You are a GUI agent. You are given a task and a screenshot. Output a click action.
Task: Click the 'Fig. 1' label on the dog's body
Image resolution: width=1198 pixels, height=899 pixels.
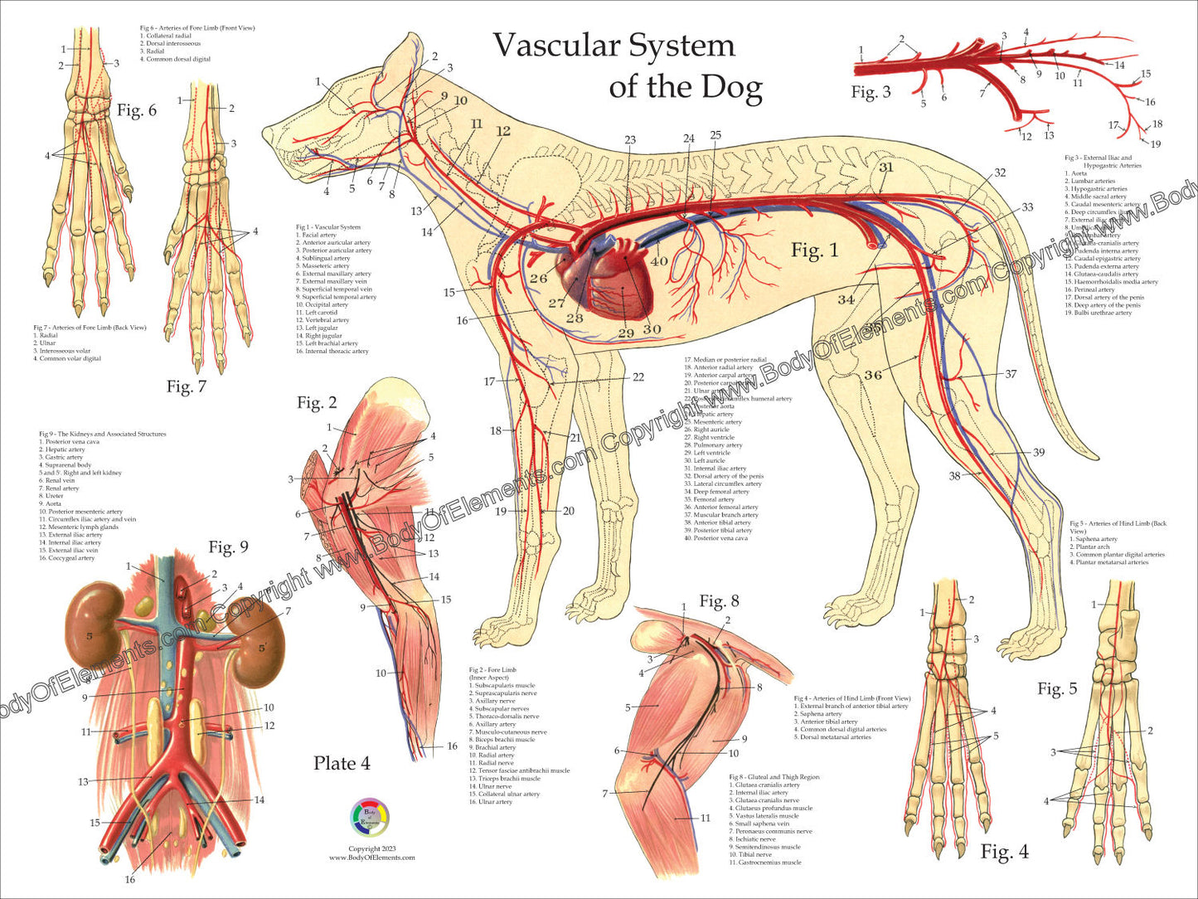[814, 250]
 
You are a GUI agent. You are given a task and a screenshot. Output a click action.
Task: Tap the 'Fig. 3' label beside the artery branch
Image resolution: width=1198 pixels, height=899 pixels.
[871, 92]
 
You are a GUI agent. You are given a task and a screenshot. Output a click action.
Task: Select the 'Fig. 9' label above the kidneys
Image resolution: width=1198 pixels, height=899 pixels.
[228, 547]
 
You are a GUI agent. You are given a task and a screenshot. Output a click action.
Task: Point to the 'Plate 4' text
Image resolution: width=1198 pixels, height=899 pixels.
[342, 763]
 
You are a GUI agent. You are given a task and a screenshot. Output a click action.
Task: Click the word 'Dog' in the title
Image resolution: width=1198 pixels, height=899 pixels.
[730, 86]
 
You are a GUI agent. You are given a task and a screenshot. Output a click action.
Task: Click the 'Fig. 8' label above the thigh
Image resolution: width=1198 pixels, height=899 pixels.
[719, 600]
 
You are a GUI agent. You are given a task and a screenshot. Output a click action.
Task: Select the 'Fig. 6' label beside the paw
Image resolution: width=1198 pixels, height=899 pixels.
[137, 110]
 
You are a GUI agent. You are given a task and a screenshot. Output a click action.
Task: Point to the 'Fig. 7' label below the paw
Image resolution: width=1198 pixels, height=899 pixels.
[186, 386]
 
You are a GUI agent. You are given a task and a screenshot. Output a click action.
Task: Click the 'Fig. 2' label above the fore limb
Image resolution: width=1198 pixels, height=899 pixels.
[318, 403]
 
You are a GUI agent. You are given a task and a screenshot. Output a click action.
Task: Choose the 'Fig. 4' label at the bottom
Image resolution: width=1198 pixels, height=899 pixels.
[1004, 852]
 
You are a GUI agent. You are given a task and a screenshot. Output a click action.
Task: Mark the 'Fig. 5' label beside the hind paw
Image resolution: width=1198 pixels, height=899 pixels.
[1057, 688]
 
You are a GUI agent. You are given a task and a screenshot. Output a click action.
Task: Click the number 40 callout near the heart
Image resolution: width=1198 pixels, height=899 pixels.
[658, 261]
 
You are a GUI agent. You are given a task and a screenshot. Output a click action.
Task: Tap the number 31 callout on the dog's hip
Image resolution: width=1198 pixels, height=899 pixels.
[886, 167]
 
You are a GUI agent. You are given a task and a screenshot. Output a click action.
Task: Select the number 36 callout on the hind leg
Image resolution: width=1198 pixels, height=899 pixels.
[872, 374]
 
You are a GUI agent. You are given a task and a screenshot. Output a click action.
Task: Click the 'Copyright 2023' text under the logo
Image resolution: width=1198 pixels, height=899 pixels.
[371, 848]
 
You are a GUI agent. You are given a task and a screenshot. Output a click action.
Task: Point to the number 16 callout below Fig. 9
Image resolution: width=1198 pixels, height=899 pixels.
[130, 879]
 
